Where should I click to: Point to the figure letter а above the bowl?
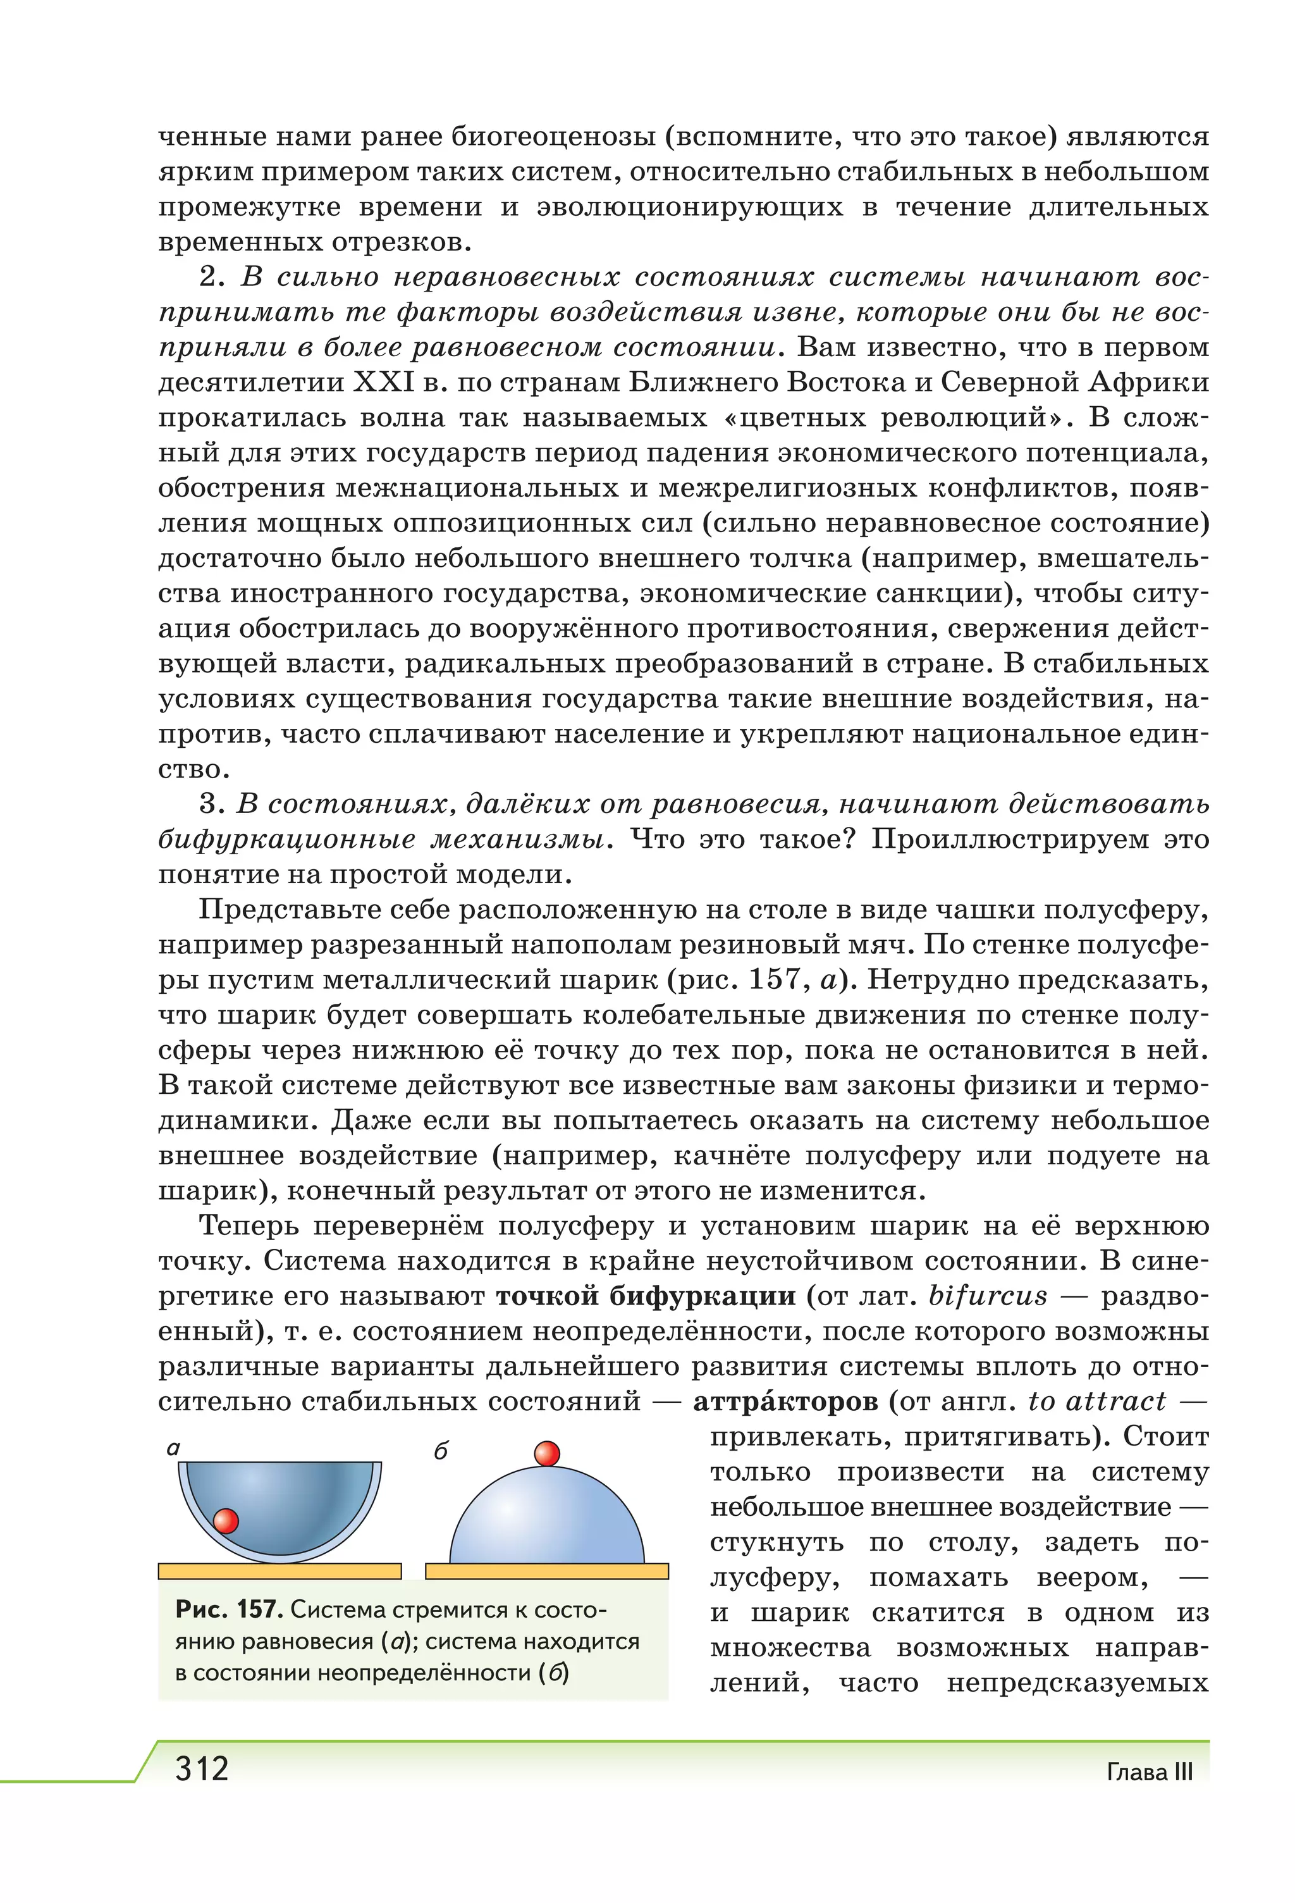tap(173, 1447)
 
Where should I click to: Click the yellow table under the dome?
tap(547, 1571)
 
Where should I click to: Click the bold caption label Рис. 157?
tap(228, 1609)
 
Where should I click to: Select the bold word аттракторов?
tap(785, 1401)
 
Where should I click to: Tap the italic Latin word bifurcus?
tap(988, 1296)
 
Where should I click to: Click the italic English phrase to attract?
tap(1097, 1401)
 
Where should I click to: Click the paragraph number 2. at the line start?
tap(211, 278)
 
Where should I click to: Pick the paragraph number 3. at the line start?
tap(211, 804)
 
